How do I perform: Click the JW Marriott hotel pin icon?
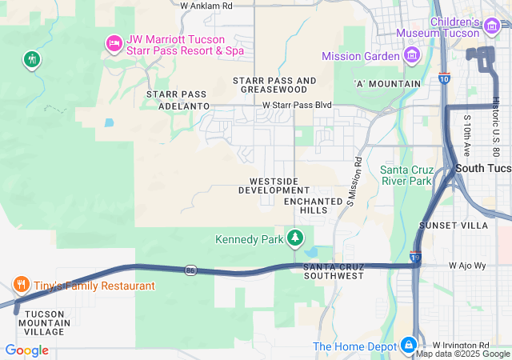tap(114, 43)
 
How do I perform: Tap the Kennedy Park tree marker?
tap(296, 238)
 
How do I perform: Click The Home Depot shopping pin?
tap(409, 345)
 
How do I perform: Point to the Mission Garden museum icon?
tap(412, 55)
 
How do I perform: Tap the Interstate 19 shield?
tap(415, 257)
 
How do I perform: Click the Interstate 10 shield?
tap(444, 79)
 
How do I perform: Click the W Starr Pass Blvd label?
tap(297, 105)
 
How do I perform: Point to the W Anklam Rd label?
tap(206, 6)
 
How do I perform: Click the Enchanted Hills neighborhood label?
tap(306, 205)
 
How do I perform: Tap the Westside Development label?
tap(274, 186)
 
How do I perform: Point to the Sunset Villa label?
tap(464, 226)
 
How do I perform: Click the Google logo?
tap(26, 350)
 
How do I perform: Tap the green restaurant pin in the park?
tap(32, 59)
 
